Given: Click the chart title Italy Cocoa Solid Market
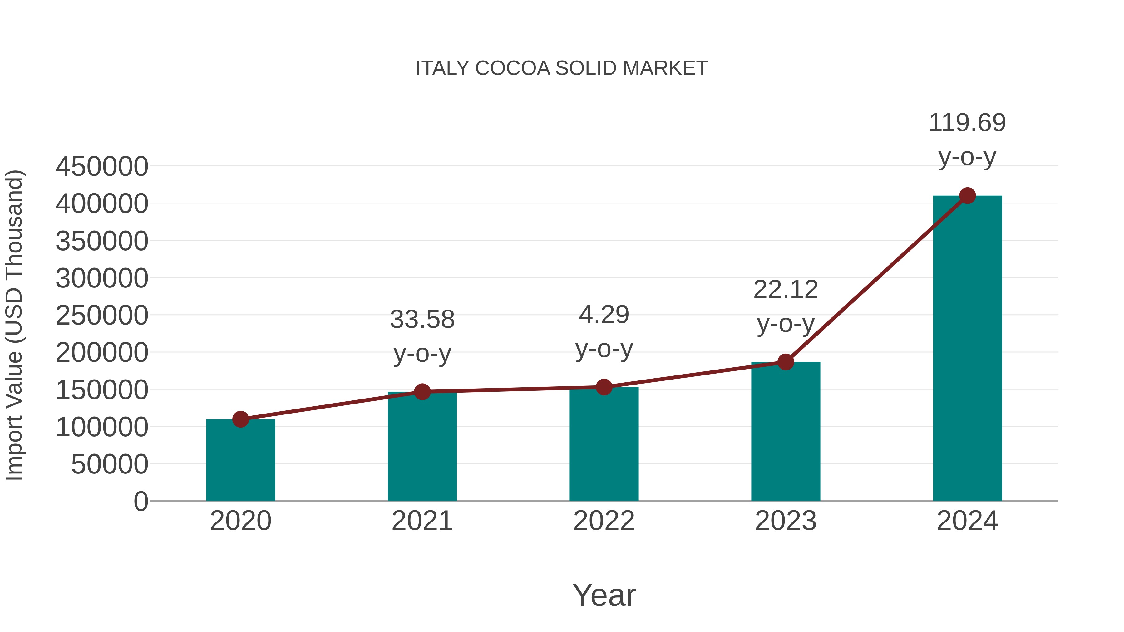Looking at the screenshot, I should point(562,68).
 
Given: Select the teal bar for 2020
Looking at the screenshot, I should point(240,462).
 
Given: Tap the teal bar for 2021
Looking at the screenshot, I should point(422,449).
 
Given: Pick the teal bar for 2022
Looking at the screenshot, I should point(604,447).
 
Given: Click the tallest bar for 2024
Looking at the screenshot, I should point(967,349).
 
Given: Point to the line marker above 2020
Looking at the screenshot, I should point(240,419).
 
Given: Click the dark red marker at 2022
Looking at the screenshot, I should point(604,387).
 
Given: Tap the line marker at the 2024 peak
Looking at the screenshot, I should point(967,196).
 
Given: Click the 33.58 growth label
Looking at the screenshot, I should point(422,336).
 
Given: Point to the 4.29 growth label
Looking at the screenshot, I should point(604,331).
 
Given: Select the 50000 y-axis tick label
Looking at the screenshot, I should point(110,464).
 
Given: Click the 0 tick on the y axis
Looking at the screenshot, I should point(141,501).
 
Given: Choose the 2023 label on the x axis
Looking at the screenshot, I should point(786,521).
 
